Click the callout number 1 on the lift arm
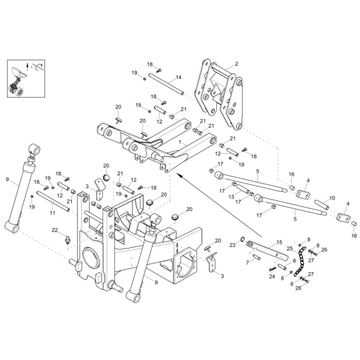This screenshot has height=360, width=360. (180, 142)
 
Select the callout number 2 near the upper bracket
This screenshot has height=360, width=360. (237, 64)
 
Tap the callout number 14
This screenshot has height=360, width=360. (179, 77)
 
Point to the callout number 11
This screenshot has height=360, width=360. (52, 213)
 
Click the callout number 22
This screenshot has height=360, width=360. (55, 230)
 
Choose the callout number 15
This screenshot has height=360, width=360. (279, 242)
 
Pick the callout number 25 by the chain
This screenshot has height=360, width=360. (290, 248)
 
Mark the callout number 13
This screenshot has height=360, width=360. (231, 197)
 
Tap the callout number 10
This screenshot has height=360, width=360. (332, 198)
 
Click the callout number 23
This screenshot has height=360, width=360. (232, 245)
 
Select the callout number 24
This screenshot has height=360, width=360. (272, 276)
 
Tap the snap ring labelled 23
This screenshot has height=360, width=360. (242, 239)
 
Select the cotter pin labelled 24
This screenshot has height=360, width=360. (273, 269)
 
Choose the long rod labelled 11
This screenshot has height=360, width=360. (53, 201)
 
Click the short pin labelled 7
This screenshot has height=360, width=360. (256, 257)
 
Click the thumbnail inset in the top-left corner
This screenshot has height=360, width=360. (26, 78)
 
